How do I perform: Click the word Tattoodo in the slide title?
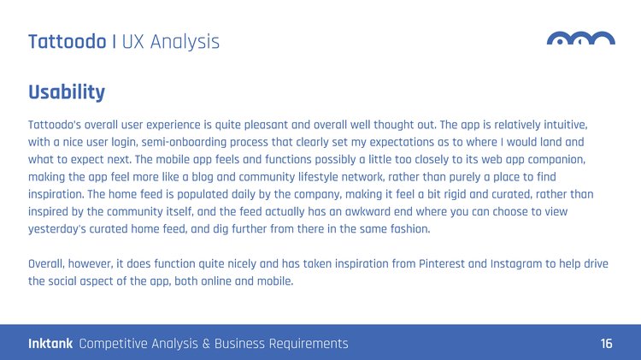tap(68, 42)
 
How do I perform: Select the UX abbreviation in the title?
tap(132, 42)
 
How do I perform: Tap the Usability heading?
tap(67, 92)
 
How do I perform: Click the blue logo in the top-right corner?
tap(581, 38)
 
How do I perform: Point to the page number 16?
tap(606, 343)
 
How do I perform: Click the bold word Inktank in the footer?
tap(50, 343)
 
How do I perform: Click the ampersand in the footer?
tap(206, 344)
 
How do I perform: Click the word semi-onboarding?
tap(184, 142)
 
